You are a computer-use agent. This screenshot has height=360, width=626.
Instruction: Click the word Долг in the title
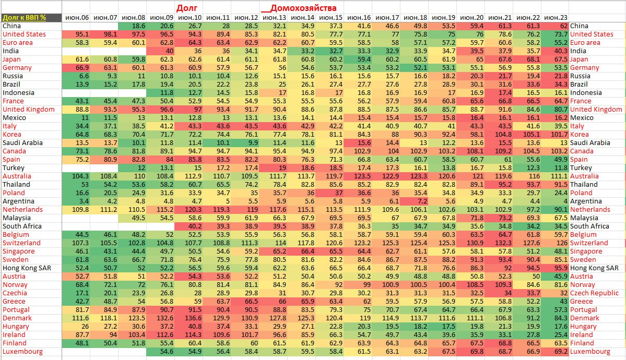tap(186, 8)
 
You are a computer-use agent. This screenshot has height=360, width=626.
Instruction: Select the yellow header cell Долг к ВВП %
tap(24, 17)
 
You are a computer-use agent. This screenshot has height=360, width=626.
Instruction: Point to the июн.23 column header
tap(555, 17)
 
